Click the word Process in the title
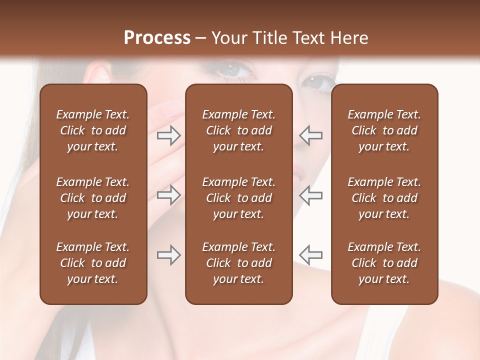click(x=156, y=37)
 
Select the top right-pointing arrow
click(x=168, y=135)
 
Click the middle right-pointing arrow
click(x=168, y=195)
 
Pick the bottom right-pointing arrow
click(x=168, y=255)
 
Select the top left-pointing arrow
click(x=311, y=135)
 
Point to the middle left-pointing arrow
click(x=311, y=195)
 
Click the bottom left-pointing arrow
click(x=311, y=255)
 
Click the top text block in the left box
click(x=93, y=130)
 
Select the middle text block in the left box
click(x=93, y=198)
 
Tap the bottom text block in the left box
click(x=93, y=263)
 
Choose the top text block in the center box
click(x=239, y=130)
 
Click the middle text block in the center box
click(x=239, y=198)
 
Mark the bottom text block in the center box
click(x=239, y=263)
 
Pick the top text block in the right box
click(x=384, y=130)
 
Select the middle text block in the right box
click(x=384, y=198)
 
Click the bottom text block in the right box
click(x=384, y=263)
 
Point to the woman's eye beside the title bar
click(x=233, y=67)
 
